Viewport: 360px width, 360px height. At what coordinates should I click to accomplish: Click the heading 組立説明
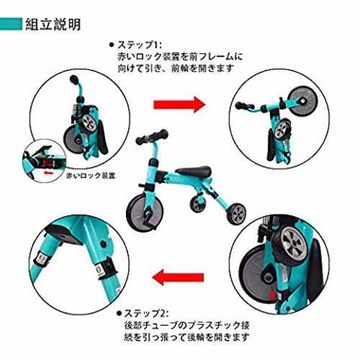[53, 24]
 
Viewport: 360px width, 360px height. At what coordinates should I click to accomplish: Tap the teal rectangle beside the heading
[11, 24]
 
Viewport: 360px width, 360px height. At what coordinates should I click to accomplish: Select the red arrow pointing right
[179, 104]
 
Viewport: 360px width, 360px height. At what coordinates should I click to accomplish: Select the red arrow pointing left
[178, 277]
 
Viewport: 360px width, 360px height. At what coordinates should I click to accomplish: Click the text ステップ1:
[140, 45]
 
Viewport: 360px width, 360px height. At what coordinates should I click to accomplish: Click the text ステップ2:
[146, 313]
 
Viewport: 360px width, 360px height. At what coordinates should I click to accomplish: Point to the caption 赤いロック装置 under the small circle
[91, 176]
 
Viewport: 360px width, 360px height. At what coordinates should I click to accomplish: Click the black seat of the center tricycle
[194, 171]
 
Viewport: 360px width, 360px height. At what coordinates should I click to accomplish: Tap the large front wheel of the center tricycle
[145, 212]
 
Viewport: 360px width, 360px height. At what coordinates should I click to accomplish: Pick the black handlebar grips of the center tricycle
[152, 137]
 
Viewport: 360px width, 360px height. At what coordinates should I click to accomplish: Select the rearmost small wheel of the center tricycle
[236, 214]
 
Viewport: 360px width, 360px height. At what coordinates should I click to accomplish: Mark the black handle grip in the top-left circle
[74, 79]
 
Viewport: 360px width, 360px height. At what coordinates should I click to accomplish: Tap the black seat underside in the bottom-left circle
[65, 234]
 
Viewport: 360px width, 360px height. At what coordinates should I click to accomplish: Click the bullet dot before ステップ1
[112, 45]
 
